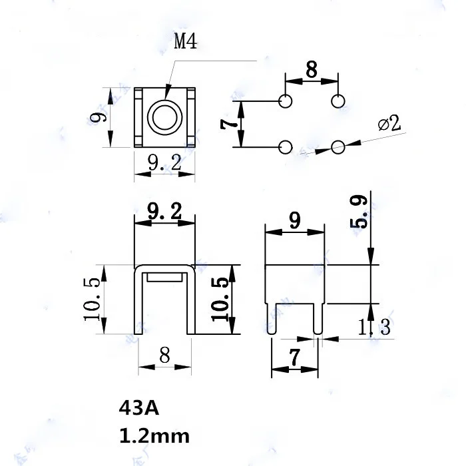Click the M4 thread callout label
point(186,43)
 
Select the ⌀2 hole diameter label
point(389,123)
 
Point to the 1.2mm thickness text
point(153,436)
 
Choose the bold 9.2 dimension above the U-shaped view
point(164,212)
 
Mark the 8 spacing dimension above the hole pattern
point(311,69)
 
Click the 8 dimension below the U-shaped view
point(164,355)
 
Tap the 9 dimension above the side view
point(294,220)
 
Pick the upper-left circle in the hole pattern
point(286,101)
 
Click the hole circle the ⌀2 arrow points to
point(338,147)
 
